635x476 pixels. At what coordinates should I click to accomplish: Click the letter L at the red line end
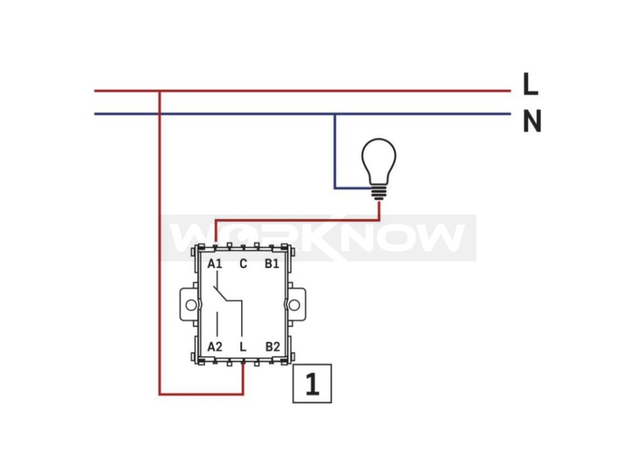[530, 85]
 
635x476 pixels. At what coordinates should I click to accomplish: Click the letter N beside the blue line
[531, 121]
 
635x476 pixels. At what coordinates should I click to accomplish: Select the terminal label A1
[215, 264]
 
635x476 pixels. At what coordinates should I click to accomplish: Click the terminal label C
[243, 264]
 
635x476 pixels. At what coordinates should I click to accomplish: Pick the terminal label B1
[272, 264]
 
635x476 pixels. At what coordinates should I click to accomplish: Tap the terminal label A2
[215, 346]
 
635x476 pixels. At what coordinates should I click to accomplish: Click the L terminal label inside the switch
[243, 346]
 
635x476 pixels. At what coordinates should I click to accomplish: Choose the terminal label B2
[272, 346]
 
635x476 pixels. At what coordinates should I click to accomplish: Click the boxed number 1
[312, 384]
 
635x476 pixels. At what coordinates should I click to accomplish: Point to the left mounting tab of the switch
[189, 304]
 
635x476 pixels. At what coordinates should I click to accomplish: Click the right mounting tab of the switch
[296, 304]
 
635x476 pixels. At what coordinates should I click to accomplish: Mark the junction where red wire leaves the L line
[160, 91]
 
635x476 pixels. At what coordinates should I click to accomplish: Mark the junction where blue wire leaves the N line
[335, 114]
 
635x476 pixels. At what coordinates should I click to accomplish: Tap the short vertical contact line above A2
[216, 323]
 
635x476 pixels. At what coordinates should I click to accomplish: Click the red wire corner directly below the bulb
[379, 219]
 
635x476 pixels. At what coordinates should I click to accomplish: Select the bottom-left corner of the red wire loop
[160, 394]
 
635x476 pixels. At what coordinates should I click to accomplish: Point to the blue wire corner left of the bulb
[335, 187]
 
